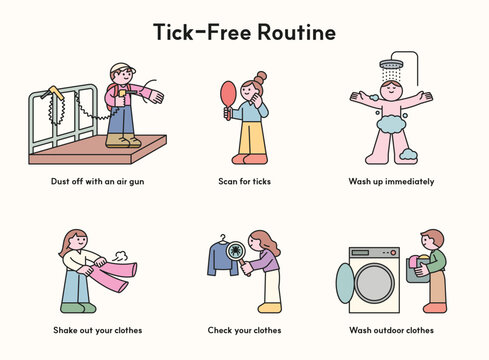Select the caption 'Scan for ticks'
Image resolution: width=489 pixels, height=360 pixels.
(244, 182)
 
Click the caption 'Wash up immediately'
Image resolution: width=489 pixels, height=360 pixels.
(391, 182)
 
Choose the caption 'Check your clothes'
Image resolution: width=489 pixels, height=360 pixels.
(244, 330)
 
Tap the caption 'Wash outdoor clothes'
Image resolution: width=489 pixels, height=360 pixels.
(391, 330)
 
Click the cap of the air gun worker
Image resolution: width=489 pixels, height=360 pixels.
(121, 68)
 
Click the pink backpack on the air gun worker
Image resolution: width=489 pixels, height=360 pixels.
(108, 98)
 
